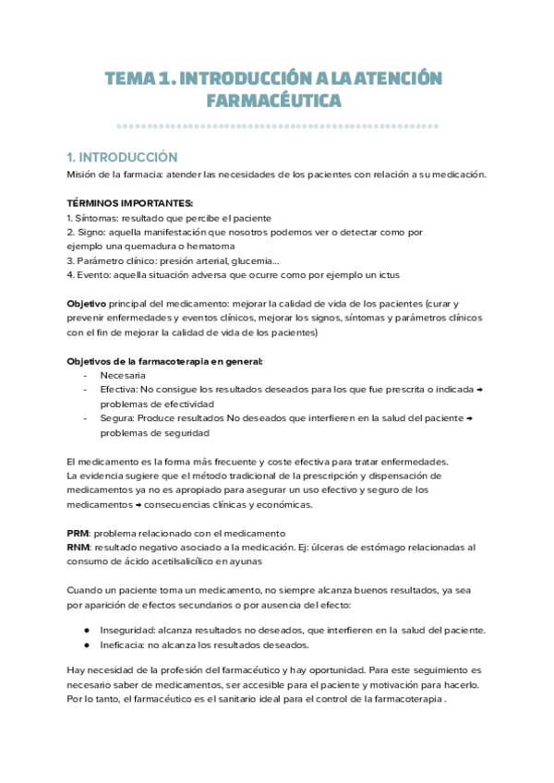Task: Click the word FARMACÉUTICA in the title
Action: click(x=277, y=100)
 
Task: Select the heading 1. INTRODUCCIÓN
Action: click(x=122, y=158)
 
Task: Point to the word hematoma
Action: click(x=209, y=246)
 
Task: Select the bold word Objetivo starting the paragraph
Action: click(x=87, y=304)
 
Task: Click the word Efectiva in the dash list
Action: click(x=120, y=390)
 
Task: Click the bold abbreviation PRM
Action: click(x=78, y=534)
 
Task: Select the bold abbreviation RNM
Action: click(x=78, y=548)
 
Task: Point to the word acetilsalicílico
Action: click(x=178, y=561)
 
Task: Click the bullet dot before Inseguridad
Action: click(x=86, y=630)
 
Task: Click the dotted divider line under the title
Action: click(x=277, y=126)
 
